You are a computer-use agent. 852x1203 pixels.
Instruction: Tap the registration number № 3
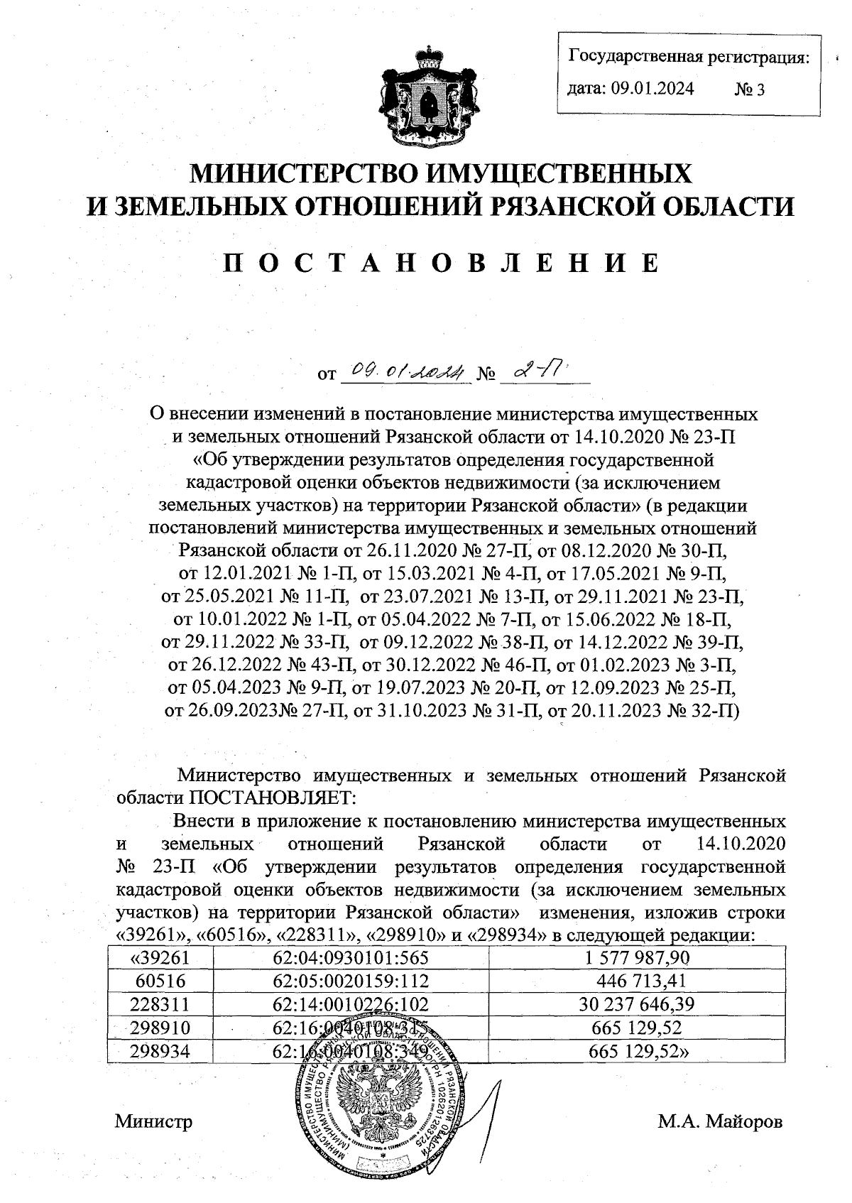point(749,89)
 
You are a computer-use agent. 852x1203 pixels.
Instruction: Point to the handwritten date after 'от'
point(403,371)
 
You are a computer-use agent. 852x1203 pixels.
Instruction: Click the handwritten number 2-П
point(538,370)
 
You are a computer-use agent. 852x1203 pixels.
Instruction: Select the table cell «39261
point(160,957)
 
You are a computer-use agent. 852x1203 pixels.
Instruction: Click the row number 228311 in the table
point(160,1004)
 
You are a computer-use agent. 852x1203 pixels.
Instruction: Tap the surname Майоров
point(745,1122)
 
